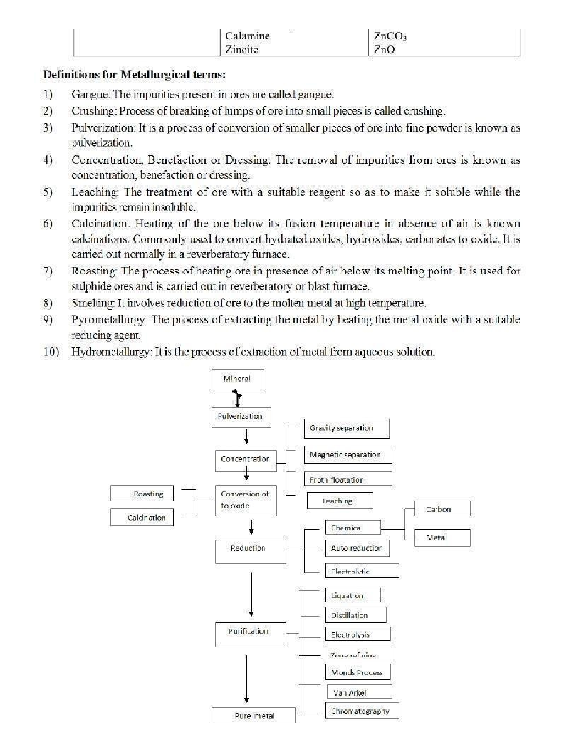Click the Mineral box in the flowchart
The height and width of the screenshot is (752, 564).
pyautogui.click(x=237, y=379)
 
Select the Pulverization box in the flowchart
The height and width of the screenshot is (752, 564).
pyautogui.click(x=239, y=416)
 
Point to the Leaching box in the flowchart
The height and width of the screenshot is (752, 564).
pyautogui.click(x=340, y=501)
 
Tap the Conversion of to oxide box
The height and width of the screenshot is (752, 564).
pyautogui.click(x=245, y=500)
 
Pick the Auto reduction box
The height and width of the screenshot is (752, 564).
pyautogui.click(x=357, y=548)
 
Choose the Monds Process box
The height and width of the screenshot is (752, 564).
pyautogui.click(x=357, y=673)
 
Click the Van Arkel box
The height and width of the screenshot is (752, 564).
pyautogui.click(x=360, y=692)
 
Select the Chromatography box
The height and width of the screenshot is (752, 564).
pyautogui.click(x=362, y=711)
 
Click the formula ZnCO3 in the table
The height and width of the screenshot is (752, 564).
pyautogui.click(x=390, y=37)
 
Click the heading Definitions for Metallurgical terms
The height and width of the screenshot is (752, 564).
pyautogui.click(x=134, y=75)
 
